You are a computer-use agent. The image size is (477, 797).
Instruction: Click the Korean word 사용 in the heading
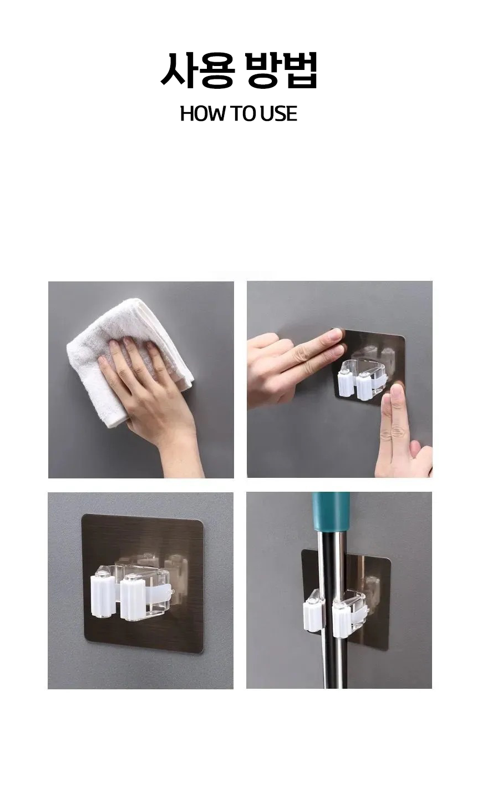(197, 70)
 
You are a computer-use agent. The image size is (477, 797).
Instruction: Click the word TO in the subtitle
(242, 114)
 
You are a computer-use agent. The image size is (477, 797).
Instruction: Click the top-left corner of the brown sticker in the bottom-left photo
(82, 515)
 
